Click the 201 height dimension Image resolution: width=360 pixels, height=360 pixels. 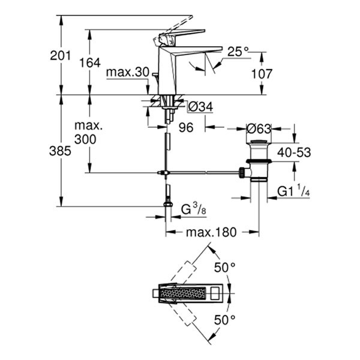tap(61, 55)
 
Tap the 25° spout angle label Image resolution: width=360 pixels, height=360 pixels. tap(238, 53)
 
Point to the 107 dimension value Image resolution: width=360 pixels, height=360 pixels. tap(262, 74)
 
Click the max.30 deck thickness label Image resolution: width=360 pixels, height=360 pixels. tap(127, 72)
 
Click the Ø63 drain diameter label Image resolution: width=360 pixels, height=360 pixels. tap(259, 128)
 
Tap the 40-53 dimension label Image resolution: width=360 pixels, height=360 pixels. tap(294, 152)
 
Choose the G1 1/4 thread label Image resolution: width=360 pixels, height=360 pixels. tap(294, 191)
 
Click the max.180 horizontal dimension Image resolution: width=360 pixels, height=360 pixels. tap(212, 232)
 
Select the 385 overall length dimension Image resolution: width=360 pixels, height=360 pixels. tap(60, 151)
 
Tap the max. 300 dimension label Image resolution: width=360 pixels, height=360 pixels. tap(88, 133)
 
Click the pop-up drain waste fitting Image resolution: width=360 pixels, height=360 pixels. tap(259, 161)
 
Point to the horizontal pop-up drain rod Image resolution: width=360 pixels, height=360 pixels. tap(204, 172)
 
